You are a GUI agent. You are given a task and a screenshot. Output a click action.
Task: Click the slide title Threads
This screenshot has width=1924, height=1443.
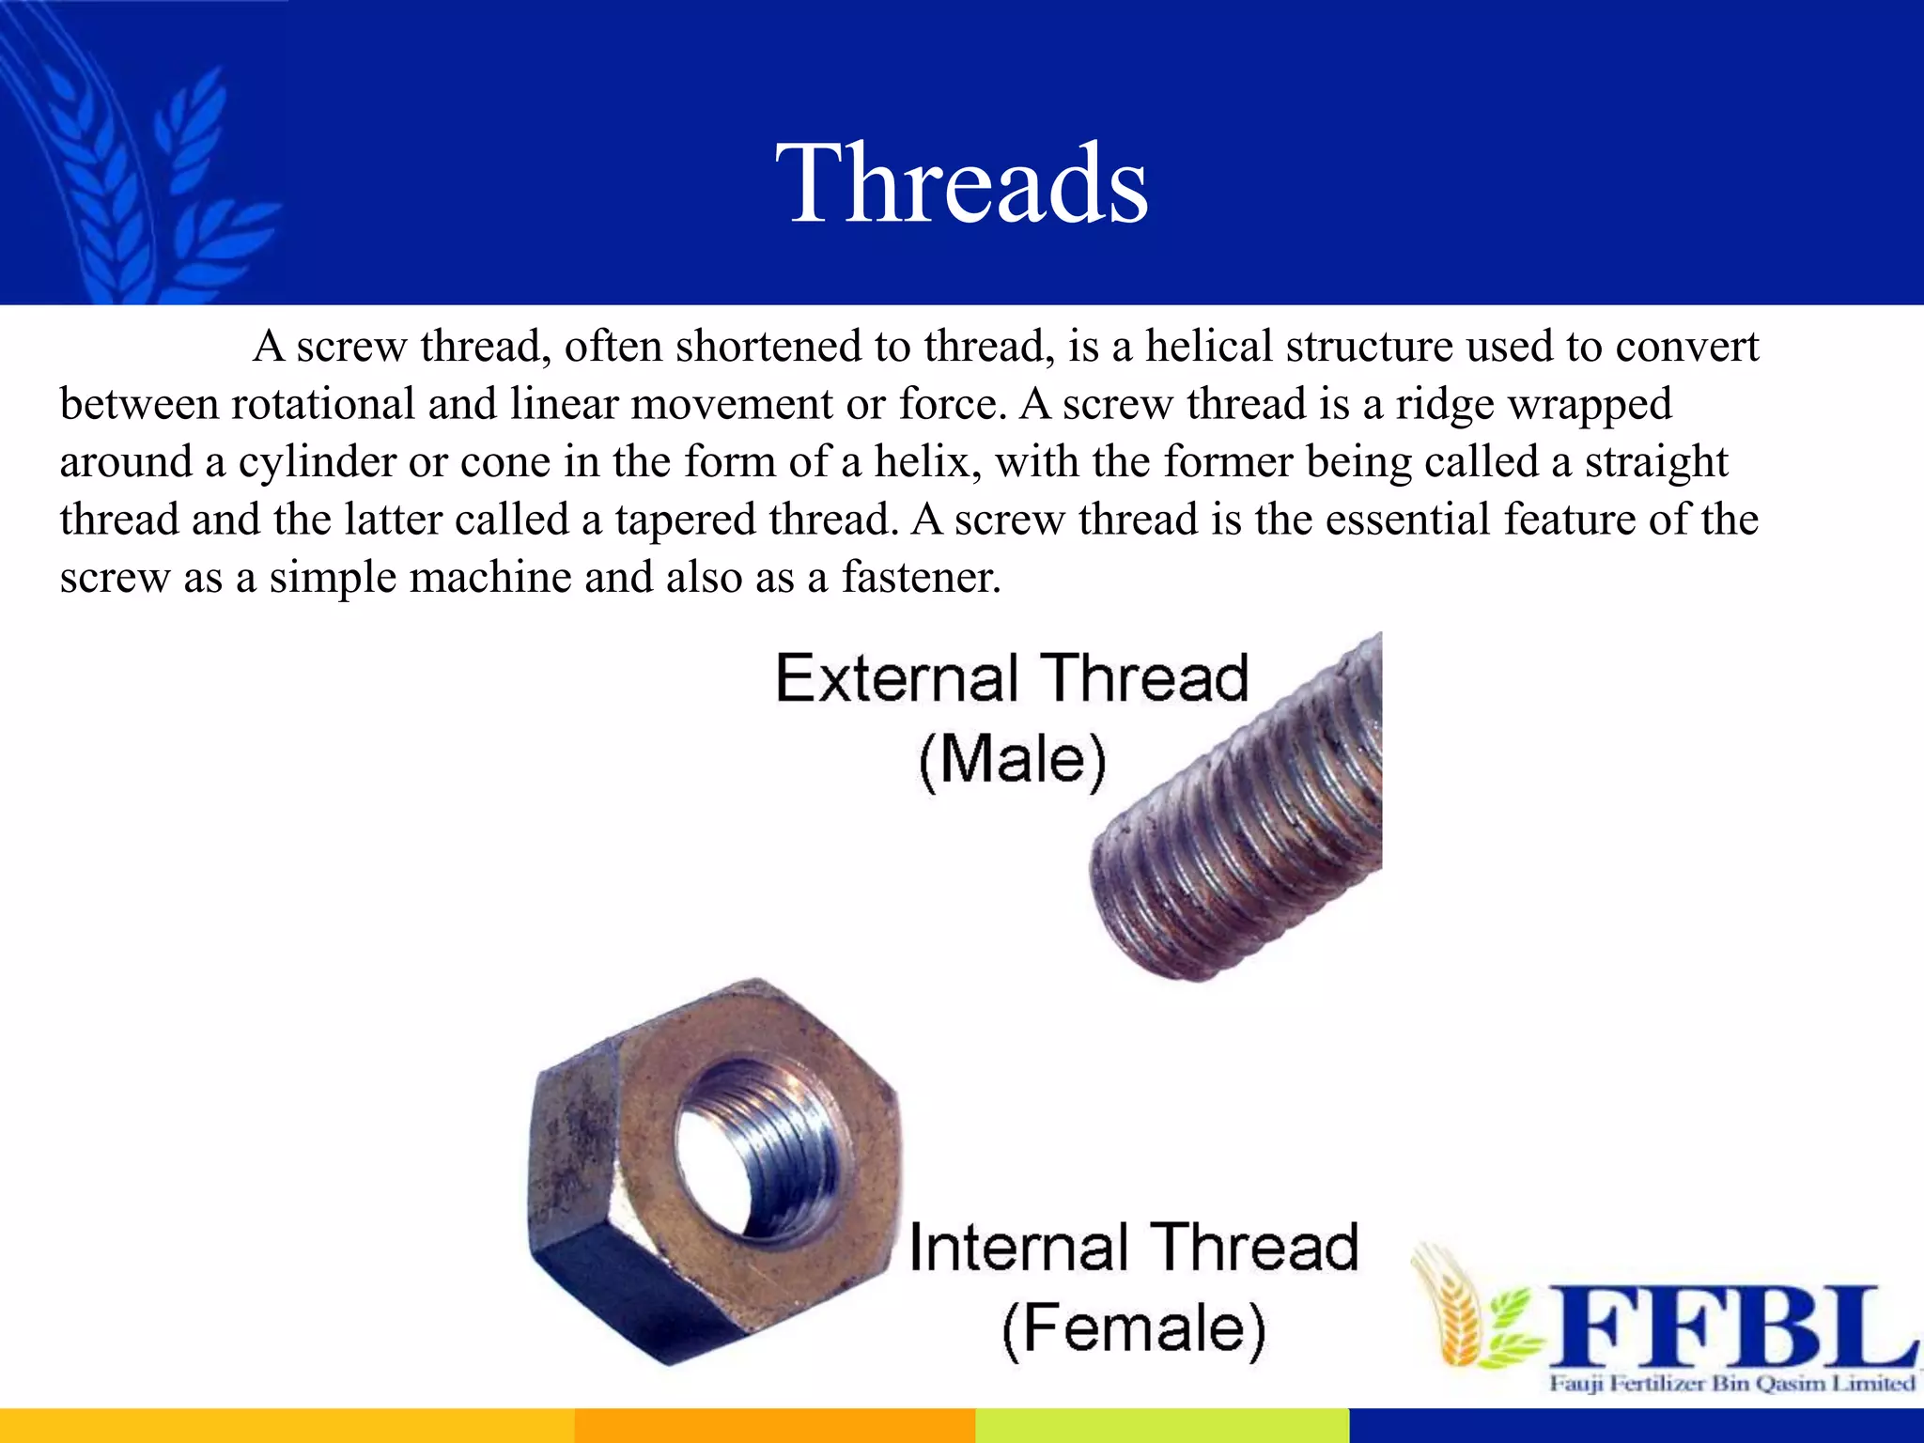coord(961,183)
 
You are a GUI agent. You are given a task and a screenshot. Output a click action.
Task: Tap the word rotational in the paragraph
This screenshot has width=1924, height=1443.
coord(323,405)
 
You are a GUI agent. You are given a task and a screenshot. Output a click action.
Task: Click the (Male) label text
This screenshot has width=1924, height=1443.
coord(1012,760)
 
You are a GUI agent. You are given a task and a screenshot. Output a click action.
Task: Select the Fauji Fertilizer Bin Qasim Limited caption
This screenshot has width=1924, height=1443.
coord(1731,1384)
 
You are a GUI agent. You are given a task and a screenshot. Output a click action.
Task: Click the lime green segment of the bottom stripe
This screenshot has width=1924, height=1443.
coord(1161,1425)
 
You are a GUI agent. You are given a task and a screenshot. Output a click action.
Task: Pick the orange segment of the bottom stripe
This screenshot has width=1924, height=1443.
coord(774,1425)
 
